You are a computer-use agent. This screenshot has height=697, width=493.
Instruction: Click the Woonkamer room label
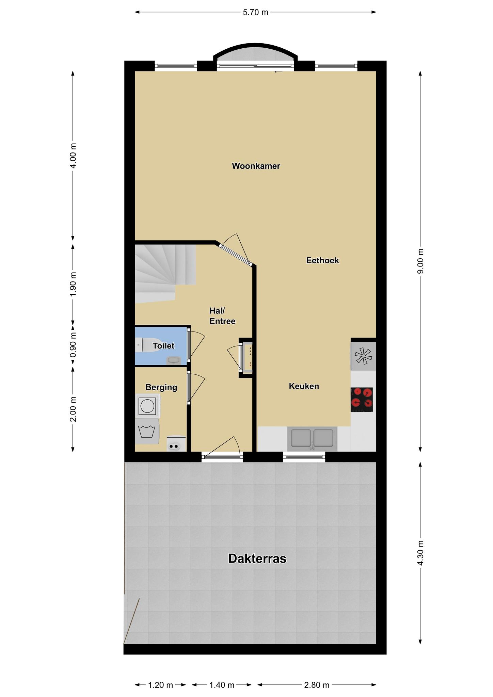pos(256,166)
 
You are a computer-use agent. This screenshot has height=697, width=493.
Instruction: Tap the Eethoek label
pos(322,260)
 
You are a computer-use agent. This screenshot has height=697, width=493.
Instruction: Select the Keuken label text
pos(304,386)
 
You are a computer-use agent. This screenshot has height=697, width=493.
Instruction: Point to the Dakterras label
pos(257,558)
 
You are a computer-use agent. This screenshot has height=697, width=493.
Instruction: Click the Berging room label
pos(161,387)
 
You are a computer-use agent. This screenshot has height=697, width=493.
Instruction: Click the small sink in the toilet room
pos(174,360)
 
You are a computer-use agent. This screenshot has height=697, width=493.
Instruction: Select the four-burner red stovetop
pos(362,400)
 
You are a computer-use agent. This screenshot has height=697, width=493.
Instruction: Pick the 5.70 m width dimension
pos(255,13)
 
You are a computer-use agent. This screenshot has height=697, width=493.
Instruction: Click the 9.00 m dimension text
pos(421,261)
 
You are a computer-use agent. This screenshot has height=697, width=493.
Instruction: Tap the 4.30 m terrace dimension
pos(421,553)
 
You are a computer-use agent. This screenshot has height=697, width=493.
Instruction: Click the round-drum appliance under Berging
pos(148,406)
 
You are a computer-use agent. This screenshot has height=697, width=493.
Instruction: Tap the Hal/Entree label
pos(222,316)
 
